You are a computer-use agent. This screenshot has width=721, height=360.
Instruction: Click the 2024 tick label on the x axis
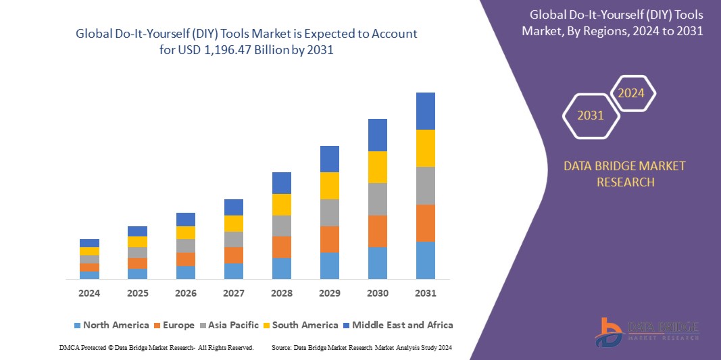[x=89, y=293]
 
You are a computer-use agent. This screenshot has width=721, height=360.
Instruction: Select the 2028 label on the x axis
[x=282, y=293]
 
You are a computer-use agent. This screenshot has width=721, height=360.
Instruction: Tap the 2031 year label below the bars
[x=426, y=293]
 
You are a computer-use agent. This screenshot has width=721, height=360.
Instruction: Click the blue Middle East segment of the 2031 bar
[x=426, y=111]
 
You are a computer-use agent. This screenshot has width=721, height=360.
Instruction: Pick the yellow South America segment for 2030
[x=378, y=167]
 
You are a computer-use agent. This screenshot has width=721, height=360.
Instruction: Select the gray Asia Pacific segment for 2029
[x=330, y=212]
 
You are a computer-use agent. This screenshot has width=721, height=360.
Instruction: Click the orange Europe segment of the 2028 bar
[x=282, y=247]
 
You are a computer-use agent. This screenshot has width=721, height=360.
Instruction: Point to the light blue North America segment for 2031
[x=426, y=260]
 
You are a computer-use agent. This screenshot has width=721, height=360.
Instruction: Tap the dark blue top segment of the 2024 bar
[x=89, y=243]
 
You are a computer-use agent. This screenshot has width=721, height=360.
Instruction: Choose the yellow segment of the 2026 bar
[x=186, y=232]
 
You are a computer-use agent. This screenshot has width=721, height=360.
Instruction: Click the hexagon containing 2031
[x=591, y=115]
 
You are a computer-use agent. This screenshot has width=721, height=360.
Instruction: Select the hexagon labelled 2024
[x=632, y=93]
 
